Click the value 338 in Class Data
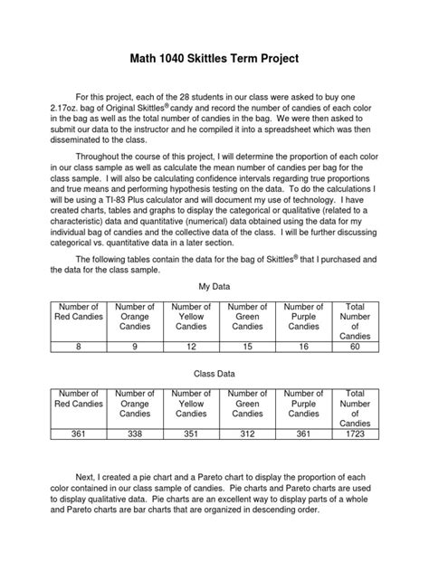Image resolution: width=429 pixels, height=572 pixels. (x=135, y=434)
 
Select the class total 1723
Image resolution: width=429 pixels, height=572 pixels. (x=355, y=434)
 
